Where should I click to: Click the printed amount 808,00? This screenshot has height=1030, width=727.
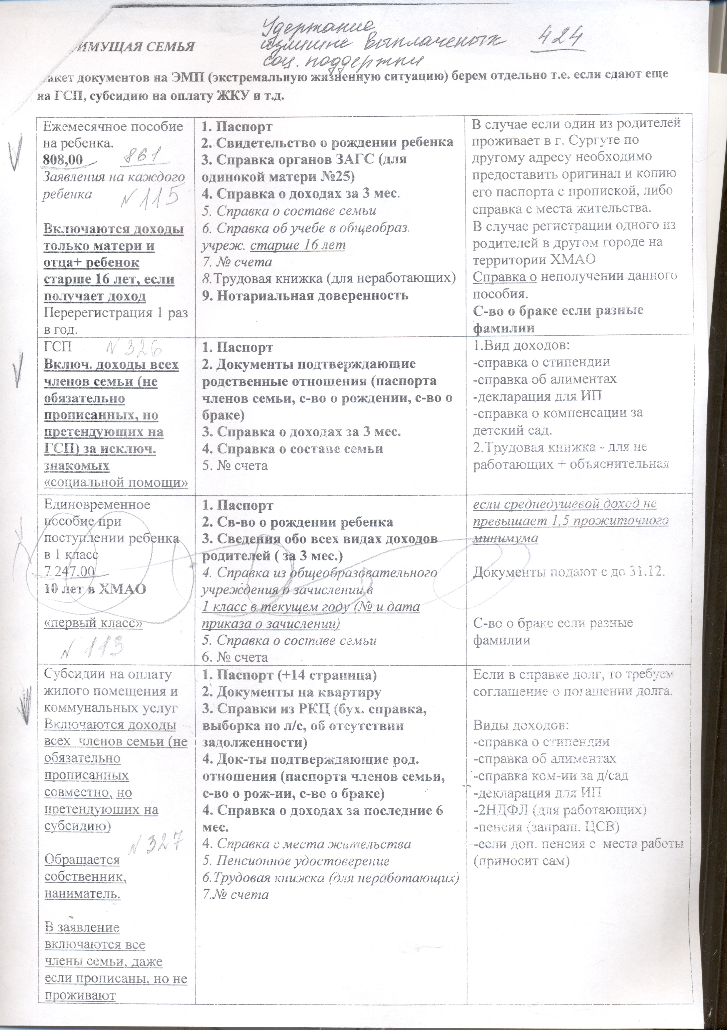click(x=63, y=159)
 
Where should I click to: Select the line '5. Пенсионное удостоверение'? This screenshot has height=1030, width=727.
click(x=296, y=861)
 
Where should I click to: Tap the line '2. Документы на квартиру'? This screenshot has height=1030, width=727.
click(x=292, y=692)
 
